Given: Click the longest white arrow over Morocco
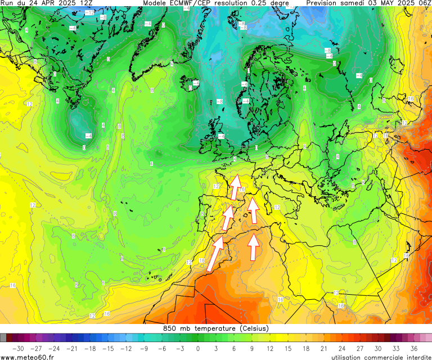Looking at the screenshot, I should pos(214,254).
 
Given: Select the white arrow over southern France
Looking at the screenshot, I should pos(235,187).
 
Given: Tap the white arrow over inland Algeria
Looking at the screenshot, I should pos(254,247).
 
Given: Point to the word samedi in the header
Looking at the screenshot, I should pos(353,3).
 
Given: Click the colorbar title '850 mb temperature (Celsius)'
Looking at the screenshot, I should pos(216,328).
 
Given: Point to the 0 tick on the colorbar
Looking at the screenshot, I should pos(197,349).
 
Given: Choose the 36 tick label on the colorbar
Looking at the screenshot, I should pos(413,349).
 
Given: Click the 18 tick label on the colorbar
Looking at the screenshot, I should pos(305,349).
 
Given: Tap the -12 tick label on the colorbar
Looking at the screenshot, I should pos(125,349).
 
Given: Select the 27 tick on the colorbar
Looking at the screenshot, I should pos(359,349).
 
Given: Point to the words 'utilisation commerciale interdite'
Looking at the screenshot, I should pos(380,357).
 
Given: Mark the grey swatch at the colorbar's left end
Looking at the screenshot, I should pos(3,337).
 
